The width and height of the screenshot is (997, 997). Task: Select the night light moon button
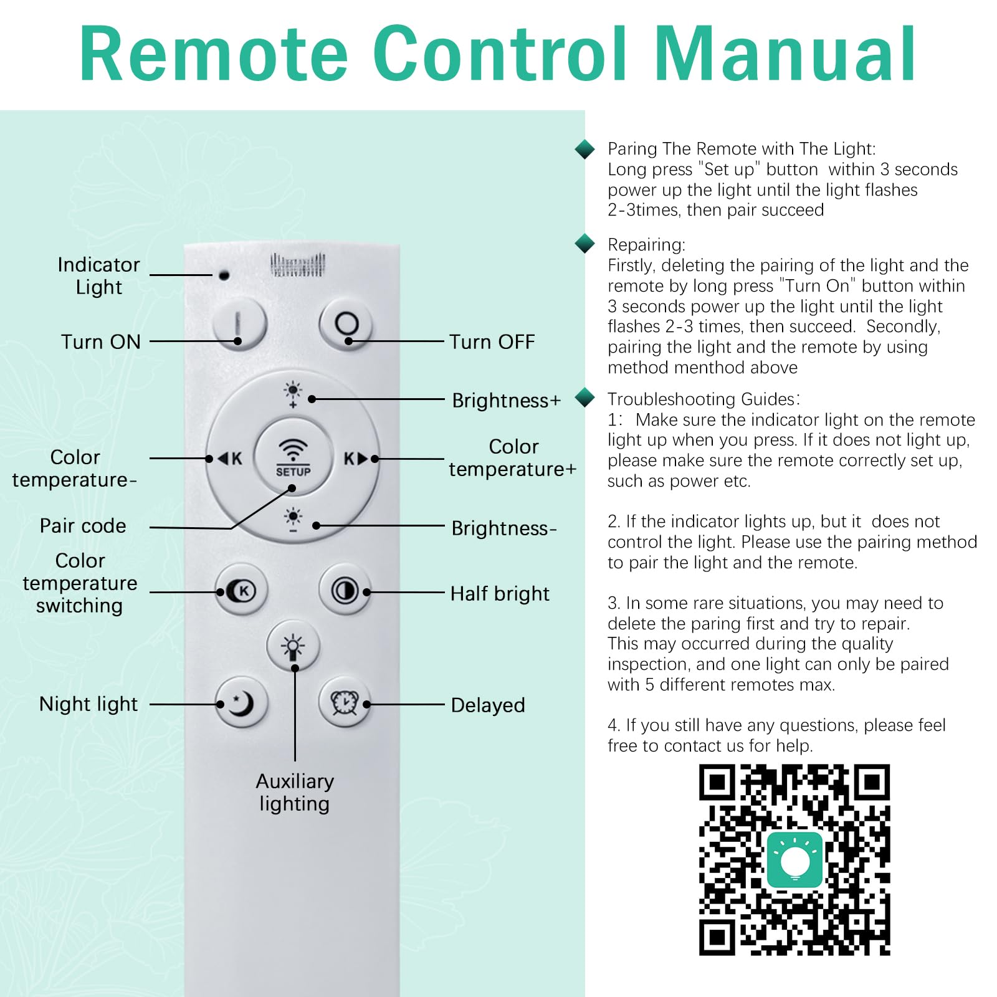(x=241, y=703)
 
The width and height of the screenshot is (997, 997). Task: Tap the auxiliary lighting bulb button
(x=293, y=646)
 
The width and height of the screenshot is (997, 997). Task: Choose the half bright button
(x=345, y=590)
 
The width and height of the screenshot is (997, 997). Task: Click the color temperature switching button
(x=241, y=590)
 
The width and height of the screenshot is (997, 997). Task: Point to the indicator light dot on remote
(x=224, y=275)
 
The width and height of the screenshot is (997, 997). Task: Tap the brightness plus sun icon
(x=293, y=394)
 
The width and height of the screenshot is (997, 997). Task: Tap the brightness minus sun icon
(x=293, y=520)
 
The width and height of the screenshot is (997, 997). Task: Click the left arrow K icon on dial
(x=229, y=459)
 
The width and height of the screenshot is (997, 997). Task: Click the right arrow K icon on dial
(x=356, y=459)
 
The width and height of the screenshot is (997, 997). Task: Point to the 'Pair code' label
(x=83, y=525)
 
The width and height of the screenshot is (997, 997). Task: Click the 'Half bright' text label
(x=500, y=593)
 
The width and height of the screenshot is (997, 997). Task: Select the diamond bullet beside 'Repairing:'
(x=584, y=244)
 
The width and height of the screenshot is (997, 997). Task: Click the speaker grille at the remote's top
(x=297, y=265)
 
